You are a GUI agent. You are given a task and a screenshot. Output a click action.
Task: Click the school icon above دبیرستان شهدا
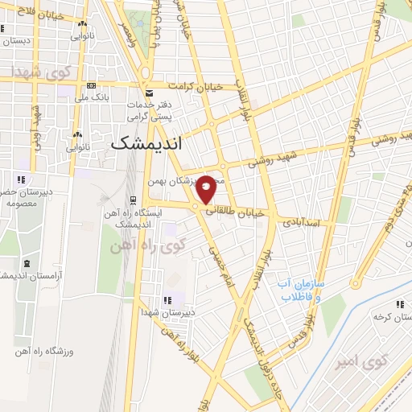click(167, 300)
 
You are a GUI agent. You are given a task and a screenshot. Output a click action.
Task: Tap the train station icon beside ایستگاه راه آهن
click(134, 200)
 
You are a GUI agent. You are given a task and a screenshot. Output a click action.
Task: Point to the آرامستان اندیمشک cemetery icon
click(27, 263)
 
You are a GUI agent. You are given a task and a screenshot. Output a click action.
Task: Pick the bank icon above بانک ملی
click(91, 86)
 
